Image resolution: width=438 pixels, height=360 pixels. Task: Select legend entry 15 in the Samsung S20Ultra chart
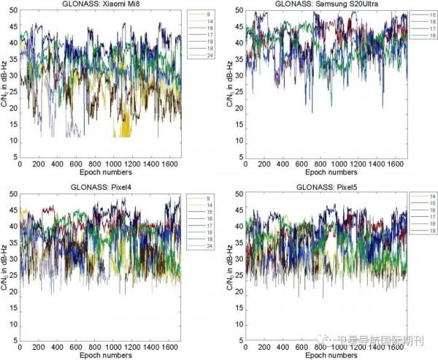coord(424,15)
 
